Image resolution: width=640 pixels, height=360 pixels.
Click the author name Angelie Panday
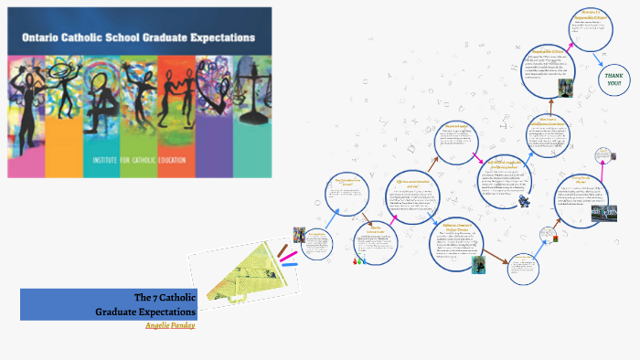coord(171,324)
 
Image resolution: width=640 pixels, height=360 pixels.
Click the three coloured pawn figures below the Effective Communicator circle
coord(359,261)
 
